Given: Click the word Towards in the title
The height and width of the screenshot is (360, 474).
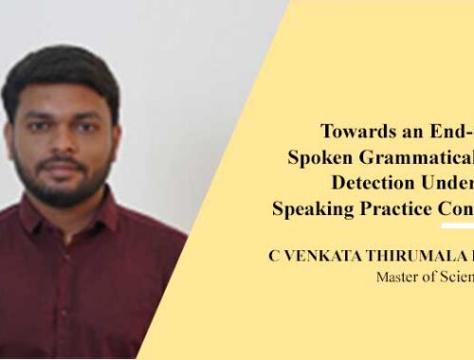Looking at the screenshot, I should pyautogui.click(x=356, y=133).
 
